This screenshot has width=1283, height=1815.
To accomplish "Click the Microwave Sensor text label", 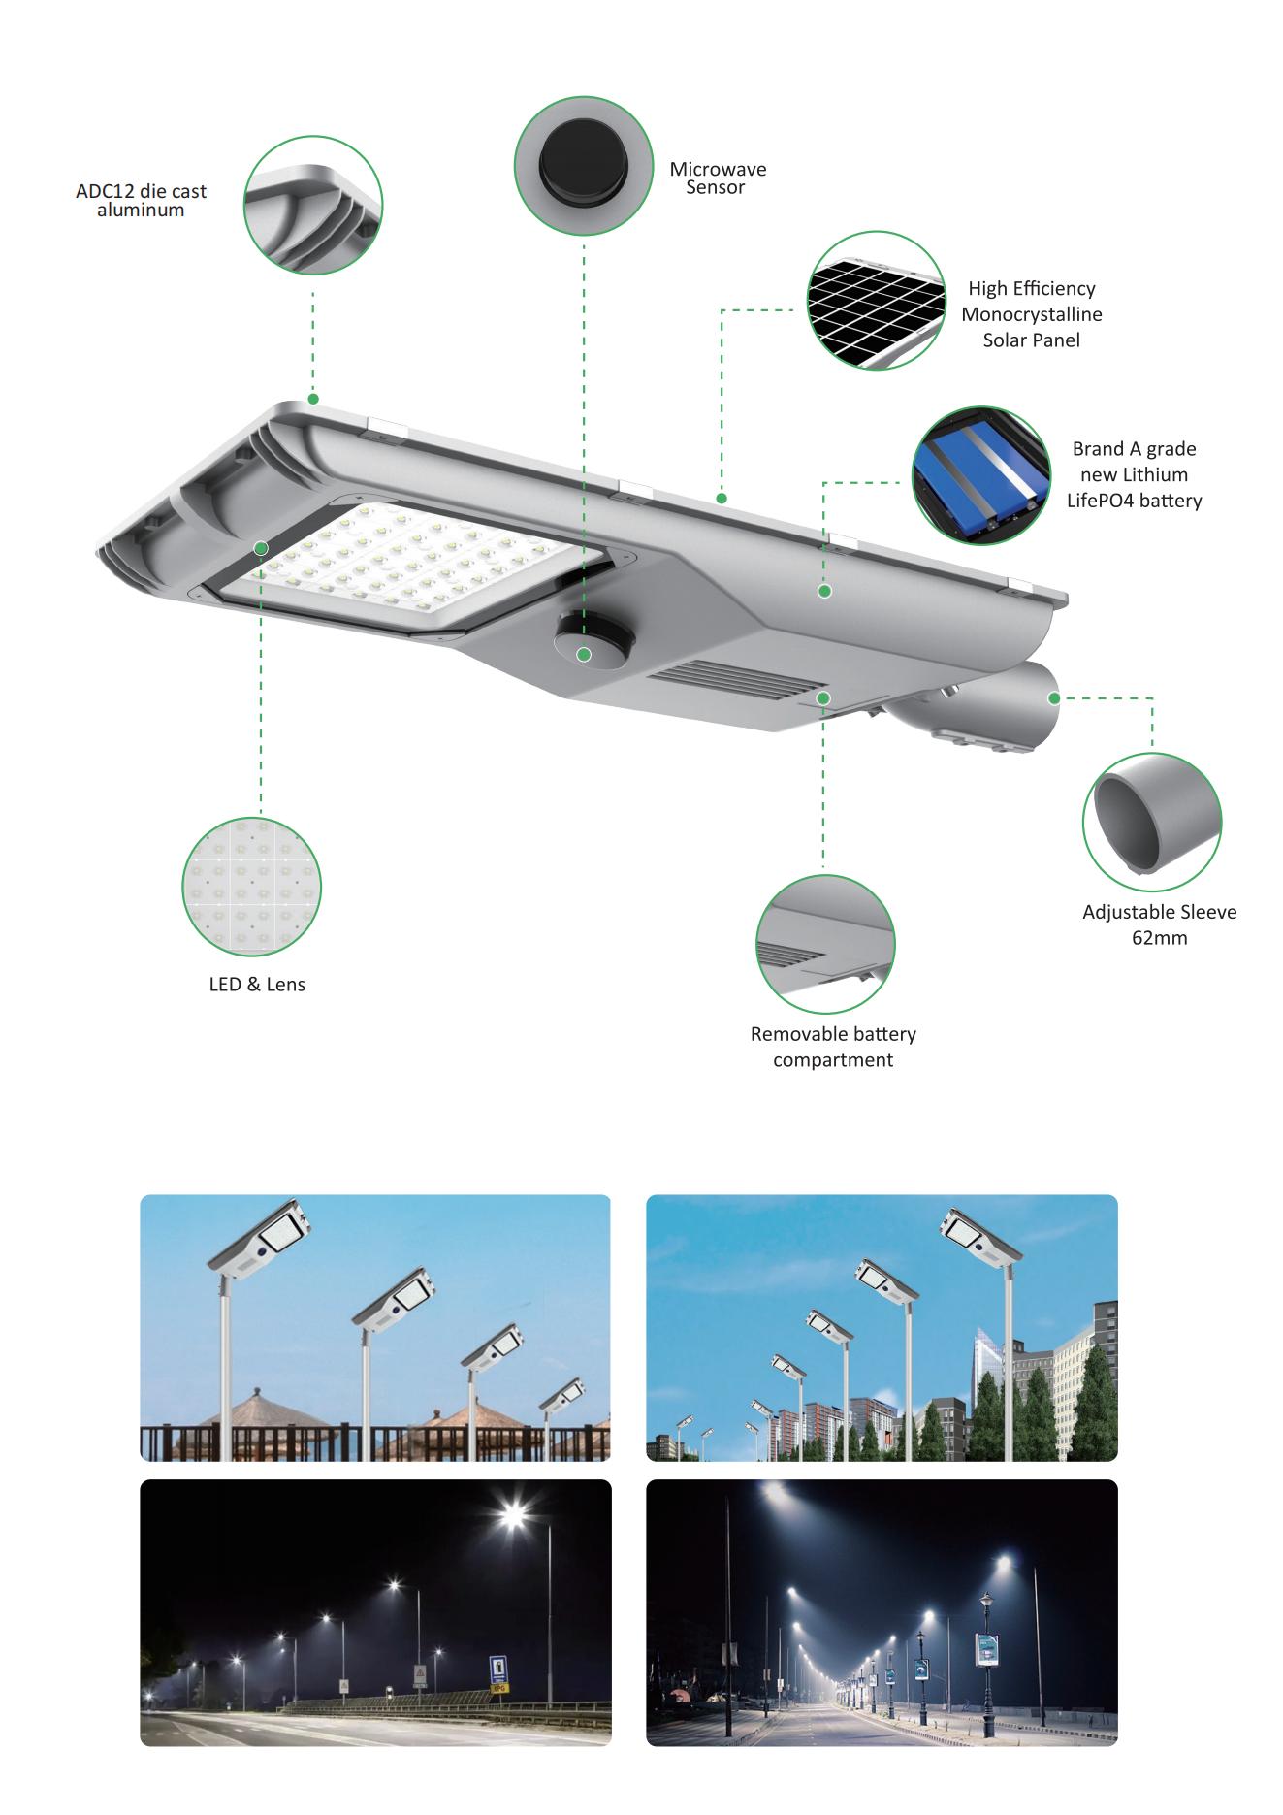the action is click(718, 178).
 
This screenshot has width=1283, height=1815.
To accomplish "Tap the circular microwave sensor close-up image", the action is click(584, 166).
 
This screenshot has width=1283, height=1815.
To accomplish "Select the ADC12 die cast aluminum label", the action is click(142, 201).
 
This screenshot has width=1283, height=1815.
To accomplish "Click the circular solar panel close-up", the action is click(877, 301).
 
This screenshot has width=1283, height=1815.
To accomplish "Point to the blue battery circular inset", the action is click(981, 476).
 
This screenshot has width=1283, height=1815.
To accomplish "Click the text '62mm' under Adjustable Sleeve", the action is click(1160, 938).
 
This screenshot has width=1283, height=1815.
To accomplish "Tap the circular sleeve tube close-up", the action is click(1152, 821).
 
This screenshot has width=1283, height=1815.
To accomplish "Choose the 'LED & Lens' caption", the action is click(257, 985).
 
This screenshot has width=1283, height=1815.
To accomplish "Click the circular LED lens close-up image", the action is click(252, 887).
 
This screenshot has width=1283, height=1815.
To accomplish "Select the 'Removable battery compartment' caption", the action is click(833, 1047).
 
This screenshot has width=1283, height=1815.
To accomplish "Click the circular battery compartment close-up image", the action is click(825, 944).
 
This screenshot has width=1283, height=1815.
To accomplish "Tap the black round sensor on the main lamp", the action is click(593, 643).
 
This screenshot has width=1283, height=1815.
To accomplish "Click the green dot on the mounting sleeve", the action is click(1053, 697).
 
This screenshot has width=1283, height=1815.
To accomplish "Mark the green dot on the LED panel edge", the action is click(261, 548).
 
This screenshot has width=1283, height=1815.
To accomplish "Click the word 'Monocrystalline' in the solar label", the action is click(1032, 314).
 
